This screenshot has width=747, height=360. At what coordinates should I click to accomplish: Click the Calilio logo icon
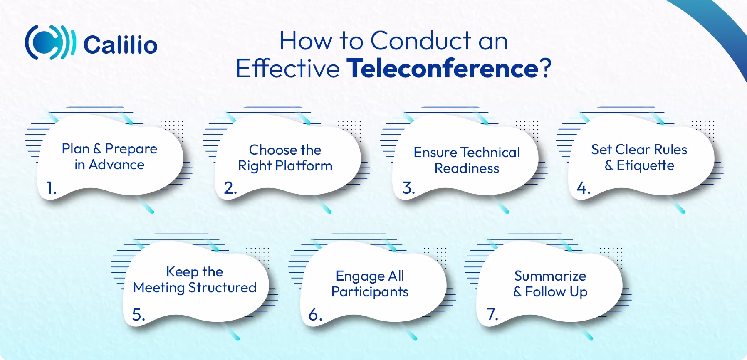click(x=50, y=43)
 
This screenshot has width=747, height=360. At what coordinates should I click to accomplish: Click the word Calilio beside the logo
click(x=120, y=44)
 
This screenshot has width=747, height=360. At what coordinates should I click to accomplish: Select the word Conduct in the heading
click(x=421, y=41)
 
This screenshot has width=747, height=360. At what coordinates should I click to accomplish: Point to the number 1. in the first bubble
click(x=51, y=188)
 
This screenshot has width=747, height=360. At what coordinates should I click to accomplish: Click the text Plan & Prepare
click(x=109, y=149)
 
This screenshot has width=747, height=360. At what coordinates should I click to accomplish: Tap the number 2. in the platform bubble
click(x=230, y=188)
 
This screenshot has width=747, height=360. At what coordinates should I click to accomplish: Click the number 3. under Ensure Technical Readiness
click(x=408, y=188)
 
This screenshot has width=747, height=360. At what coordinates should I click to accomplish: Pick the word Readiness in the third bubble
click(x=467, y=168)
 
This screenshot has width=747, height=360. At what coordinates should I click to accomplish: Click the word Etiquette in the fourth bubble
click(x=645, y=165)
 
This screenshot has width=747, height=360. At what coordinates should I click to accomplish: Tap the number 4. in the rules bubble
click(x=583, y=188)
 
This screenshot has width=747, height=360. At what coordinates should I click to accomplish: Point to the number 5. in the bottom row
click(x=139, y=315)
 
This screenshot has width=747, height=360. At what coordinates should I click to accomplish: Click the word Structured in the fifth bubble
click(x=222, y=288)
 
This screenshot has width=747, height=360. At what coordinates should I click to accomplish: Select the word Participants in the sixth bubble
click(x=370, y=292)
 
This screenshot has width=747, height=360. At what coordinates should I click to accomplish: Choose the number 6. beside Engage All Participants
click(x=315, y=315)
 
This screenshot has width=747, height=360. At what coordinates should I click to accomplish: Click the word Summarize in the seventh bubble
click(x=550, y=276)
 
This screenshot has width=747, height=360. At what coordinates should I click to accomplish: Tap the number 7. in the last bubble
click(x=492, y=315)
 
